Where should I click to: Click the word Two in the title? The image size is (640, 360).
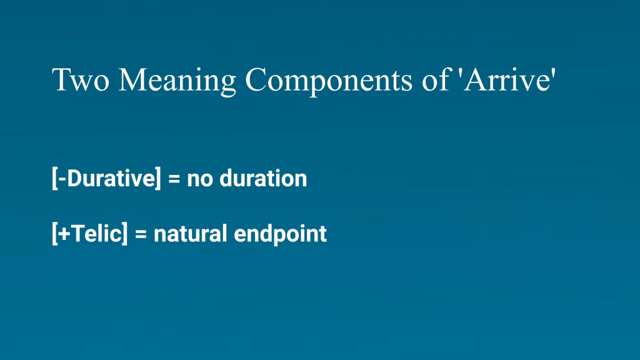click(81, 79)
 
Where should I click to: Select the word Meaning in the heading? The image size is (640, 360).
click(177, 81)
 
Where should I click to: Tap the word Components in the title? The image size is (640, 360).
click(329, 81)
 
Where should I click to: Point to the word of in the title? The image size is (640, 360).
click(436, 79)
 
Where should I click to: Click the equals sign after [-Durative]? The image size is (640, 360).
click(174, 179)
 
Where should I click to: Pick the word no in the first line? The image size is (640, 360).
click(199, 179)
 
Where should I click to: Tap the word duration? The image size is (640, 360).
click(263, 178)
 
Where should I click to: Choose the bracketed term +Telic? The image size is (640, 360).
click(90, 234)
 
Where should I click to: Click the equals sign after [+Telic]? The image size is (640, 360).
click(141, 234)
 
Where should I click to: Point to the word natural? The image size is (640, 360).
click(190, 234)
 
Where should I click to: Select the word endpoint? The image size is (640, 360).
click(280, 234)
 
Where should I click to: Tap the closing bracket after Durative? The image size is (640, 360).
click(158, 178)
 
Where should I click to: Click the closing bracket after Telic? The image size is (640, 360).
click(125, 234)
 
